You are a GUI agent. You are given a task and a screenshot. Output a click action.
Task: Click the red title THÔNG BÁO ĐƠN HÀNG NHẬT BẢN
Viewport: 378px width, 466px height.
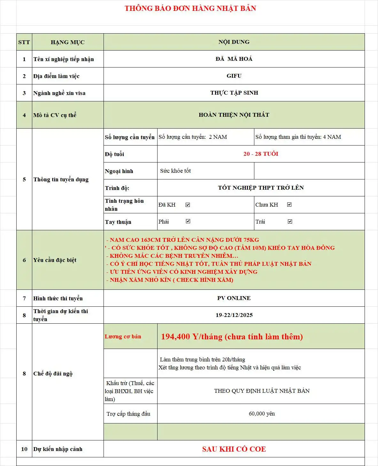click(190, 9)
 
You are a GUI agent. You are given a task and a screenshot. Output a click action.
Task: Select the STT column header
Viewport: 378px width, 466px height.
click(24, 42)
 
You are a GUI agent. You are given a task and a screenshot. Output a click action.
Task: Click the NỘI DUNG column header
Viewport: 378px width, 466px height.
click(234, 42)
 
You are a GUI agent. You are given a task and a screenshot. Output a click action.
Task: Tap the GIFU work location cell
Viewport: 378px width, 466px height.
click(234, 76)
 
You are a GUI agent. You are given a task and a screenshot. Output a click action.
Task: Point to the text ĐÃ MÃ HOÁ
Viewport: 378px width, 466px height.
click(234, 59)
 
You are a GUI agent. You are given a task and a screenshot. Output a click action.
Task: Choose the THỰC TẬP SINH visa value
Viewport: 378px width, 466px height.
click(234, 93)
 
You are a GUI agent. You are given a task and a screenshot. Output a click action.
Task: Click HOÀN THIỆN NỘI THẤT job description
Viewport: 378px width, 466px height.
click(234, 115)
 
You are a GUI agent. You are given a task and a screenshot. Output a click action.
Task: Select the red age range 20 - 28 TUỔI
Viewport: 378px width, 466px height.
click(261, 154)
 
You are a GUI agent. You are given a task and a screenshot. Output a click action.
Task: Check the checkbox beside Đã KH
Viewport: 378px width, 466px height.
click(188, 205)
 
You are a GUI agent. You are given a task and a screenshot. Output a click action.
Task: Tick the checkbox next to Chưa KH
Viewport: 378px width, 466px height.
click(289, 205)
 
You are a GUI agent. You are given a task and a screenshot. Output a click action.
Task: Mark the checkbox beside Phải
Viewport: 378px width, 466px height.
click(188, 221)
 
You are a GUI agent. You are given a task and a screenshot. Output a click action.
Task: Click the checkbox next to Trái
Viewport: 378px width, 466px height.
click(290, 221)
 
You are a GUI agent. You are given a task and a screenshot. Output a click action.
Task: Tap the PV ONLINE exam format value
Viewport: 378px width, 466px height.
click(234, 298)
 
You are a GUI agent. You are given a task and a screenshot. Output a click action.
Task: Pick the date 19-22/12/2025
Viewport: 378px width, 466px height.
click(234, 315)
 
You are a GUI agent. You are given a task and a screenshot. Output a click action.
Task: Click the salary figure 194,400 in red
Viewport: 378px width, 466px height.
click(175, 336)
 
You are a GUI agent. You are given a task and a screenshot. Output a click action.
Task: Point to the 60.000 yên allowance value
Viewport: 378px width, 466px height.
click(262, 414)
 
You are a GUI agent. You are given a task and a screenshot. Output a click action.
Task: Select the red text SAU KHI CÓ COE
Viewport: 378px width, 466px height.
click(234, 449)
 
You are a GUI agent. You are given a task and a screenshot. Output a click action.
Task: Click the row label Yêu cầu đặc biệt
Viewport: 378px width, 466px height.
click(55, 260)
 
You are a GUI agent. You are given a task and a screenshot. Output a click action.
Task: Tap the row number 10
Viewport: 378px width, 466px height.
click(24, 449)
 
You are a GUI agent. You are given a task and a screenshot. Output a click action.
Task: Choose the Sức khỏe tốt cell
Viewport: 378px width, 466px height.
click(175, 171)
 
